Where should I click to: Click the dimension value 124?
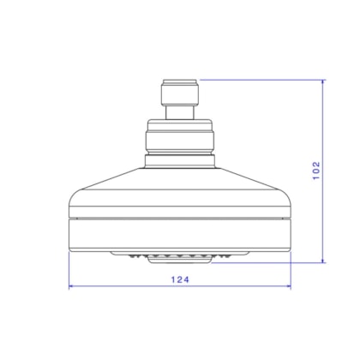pyautogui.click(x=180, y=279)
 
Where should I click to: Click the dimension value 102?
pyautogui.click(x=316, y=171)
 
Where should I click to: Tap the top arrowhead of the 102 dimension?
pyautogui.click(x=323, y=82)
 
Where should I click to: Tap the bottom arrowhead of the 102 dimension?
pyautogui.click(x=323, y=260)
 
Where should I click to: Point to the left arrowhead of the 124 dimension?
pyautogui.click(x=72, y=285)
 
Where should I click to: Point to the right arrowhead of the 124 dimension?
pyautogui.click(x=288, y=285)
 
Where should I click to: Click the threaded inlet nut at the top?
pyautogui.click(x=180, y=93)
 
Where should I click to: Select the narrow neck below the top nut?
pyautogui.click(x=180, y=112)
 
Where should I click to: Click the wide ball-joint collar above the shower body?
pyautogui.click(x=180, y=136)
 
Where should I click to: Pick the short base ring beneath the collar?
pyautogui.click(x=180, y=161)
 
